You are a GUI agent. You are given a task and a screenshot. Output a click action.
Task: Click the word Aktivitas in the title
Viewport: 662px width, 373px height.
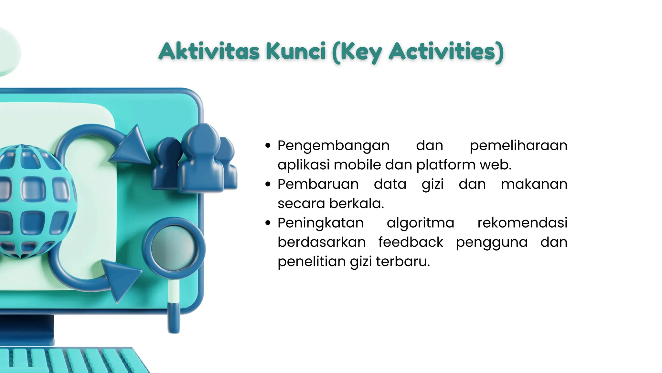click(209, 51)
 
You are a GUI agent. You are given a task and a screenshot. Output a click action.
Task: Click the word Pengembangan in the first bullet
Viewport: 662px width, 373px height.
click(334, 146)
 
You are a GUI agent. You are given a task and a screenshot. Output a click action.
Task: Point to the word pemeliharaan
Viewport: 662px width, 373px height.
click(518, 145)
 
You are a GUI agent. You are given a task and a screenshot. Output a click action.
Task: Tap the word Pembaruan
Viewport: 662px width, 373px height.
click(318, 184)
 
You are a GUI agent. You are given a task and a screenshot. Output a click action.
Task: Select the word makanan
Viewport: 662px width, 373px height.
click(534, 184)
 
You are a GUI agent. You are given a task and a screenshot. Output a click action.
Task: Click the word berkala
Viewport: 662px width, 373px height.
click(356, 204)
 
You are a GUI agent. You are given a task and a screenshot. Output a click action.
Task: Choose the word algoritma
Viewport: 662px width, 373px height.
click(421, 223)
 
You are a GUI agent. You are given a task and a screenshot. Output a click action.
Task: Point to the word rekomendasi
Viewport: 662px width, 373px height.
click(522, 223)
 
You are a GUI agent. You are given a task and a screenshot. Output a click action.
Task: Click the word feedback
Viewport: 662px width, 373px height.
click(411, 242)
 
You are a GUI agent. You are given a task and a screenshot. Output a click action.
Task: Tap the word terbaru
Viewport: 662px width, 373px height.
click(403, 262)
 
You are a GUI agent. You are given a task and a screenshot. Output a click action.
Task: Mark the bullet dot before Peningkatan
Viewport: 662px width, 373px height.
click(268, 223)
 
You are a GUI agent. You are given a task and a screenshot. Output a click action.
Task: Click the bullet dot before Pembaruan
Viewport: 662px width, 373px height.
click(268, 184)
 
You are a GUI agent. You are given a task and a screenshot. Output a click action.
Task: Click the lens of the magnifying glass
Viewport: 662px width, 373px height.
click(174, 248)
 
